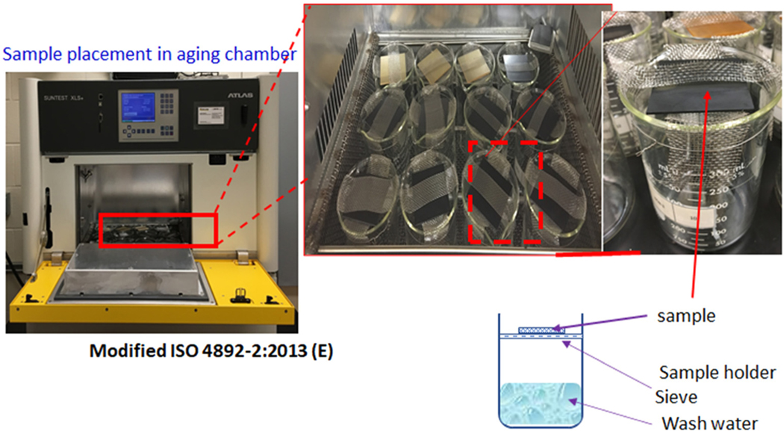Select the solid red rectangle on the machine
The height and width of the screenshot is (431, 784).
[x=158, y=229]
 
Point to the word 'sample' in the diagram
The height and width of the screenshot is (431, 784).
[x=686, y=316]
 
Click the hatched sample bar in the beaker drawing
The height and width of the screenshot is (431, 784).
[x=538, y=328]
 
